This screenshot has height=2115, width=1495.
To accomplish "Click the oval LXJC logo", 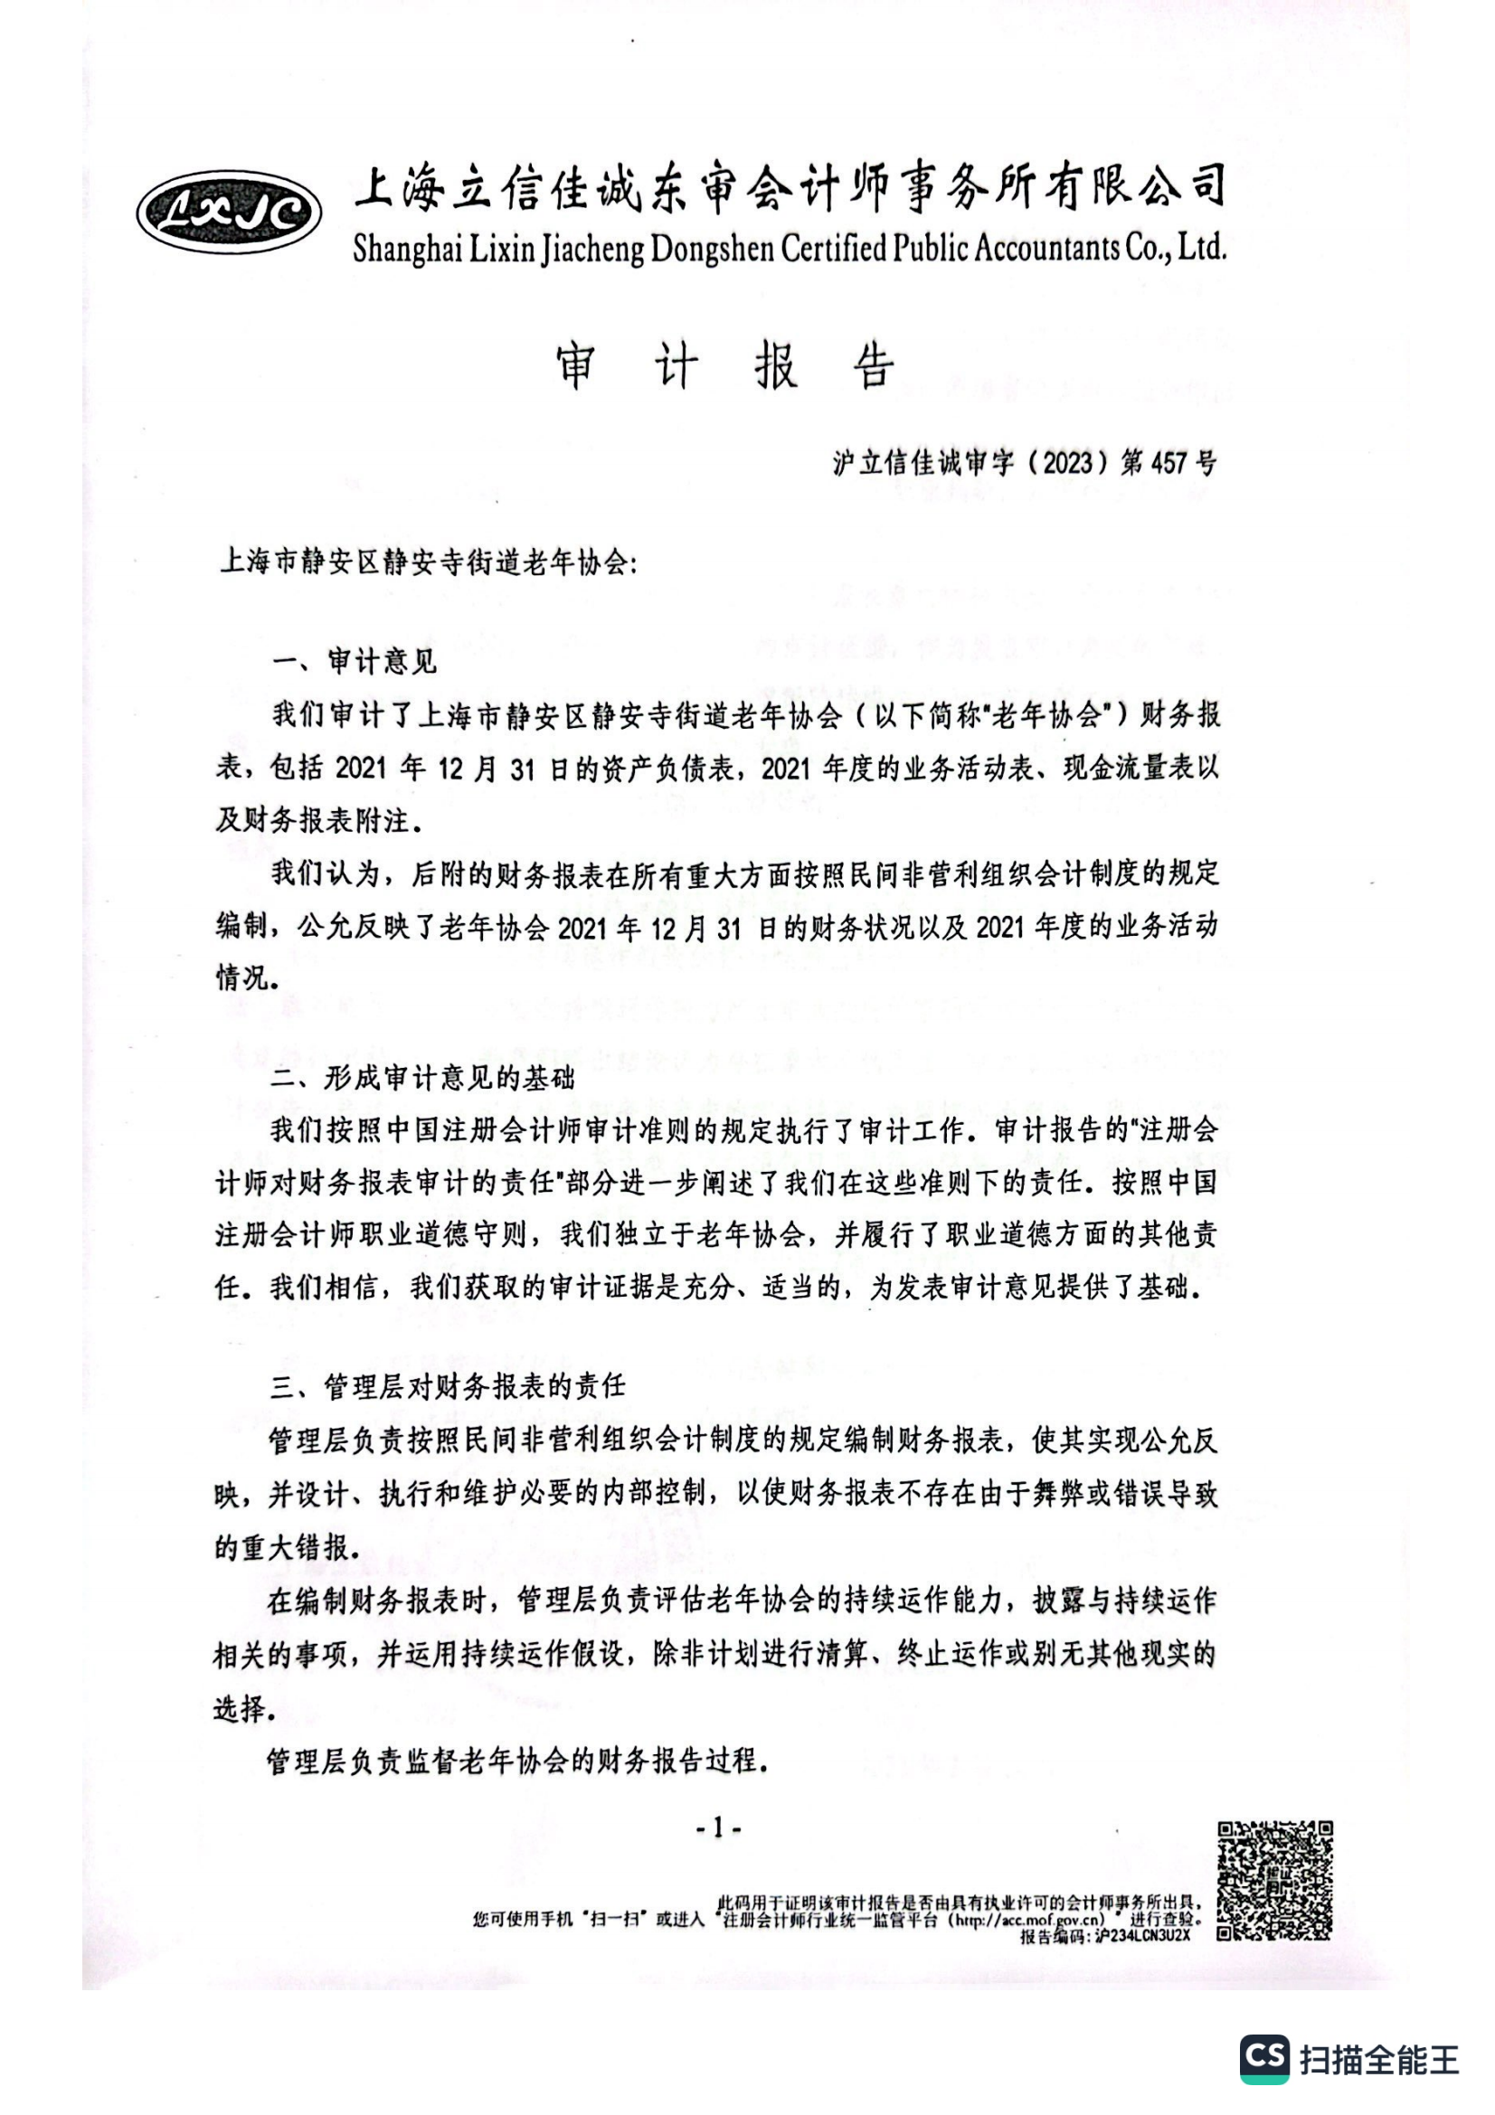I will pos(229,212).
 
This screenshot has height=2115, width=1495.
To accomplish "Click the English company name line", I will pos(790,249).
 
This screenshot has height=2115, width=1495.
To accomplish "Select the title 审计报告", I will pos(725,367).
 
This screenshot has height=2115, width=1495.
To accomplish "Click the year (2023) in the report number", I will pos(1067,462).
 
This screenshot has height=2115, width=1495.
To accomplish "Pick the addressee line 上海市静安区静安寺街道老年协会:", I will pos(428,562).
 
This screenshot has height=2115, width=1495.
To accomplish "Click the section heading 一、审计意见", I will pos(355,661).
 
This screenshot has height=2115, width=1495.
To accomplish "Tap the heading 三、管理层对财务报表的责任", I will pos(448,1385).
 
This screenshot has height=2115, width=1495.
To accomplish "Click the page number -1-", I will pos(718,1828).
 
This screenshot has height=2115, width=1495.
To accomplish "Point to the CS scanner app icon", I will pos(1264,2059).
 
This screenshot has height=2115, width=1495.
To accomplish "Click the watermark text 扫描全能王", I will pos(1379,2060).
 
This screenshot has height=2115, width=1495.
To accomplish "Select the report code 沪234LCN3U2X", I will pos(1142,1935).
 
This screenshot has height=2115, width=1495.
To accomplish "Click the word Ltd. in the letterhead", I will pos(1202,247).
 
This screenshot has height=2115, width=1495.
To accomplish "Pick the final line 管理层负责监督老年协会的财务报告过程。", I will pos(517,1761).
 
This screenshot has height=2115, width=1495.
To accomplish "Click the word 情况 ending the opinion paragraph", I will pos(242,978).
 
